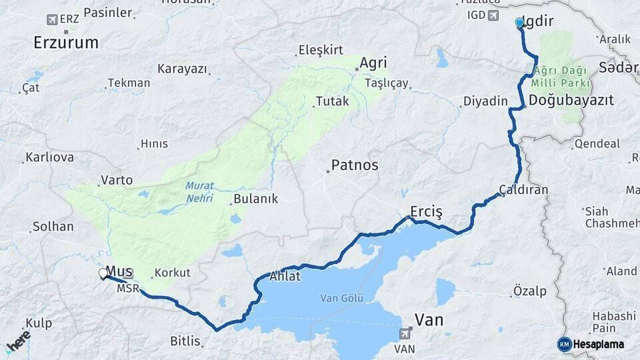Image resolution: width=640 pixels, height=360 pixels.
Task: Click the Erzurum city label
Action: pos(66,43)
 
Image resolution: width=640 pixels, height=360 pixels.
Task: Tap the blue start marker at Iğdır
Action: pos(519,23)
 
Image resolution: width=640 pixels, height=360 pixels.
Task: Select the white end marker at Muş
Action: pos(103,273)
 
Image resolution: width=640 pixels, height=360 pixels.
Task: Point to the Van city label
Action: pos(429,320)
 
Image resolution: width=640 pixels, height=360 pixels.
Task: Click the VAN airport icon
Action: pos(404,333)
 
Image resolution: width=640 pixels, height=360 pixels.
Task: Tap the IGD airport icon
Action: pos(494,15)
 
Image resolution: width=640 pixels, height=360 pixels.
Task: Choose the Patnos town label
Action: pos(355,165)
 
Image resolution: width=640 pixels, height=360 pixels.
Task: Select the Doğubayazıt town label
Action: pos(571,100)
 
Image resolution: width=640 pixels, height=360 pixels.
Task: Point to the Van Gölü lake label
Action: pos(342,298)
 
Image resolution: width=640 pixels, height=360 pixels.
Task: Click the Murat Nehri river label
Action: pos(199,192)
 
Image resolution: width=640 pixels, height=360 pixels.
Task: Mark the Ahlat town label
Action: pos(285,277)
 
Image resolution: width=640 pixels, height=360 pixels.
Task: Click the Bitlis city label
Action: pos(185,341)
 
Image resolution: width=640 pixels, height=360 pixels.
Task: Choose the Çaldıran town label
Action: pos(523,190)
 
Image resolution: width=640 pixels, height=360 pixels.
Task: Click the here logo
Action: pos(18,341)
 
